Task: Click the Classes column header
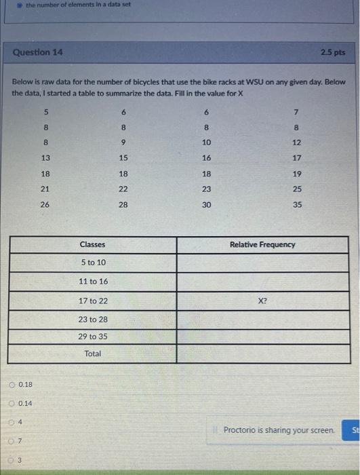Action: pos(92,244)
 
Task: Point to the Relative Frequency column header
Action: pos(263,244)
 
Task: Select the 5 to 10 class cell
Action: pos(92,263)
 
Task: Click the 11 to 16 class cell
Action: pos(92,281)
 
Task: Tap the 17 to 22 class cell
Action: pos(92,300)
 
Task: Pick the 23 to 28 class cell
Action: pos(92,319)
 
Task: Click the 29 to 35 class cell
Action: pos(92,337)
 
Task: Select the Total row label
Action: pos(92,354)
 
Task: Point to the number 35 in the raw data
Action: pos(298,203)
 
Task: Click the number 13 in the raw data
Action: pos(45,157)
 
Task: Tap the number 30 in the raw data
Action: pos(207,203)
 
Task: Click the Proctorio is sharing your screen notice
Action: pos(278,430)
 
